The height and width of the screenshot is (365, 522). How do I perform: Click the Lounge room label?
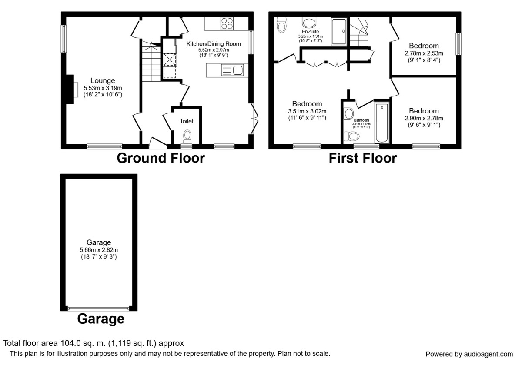point(103,80)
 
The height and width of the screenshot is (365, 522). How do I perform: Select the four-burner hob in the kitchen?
point(226,23)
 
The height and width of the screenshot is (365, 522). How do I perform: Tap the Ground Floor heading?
point(161,158)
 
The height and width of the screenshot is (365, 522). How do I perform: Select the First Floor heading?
point(362,158)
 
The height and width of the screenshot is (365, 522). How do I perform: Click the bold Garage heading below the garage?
point(100,319)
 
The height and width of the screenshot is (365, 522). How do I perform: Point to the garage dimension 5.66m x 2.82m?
point(99,250)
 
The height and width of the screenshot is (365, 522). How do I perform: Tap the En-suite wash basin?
point(310,22)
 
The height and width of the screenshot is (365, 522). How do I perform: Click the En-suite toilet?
point(281,26)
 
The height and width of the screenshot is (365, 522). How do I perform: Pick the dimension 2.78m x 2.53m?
point(424,53)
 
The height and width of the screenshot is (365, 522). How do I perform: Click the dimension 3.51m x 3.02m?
point(307,111)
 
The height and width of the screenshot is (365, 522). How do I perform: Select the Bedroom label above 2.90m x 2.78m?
point(424,111)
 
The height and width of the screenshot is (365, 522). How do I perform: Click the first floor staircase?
point(359,31)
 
